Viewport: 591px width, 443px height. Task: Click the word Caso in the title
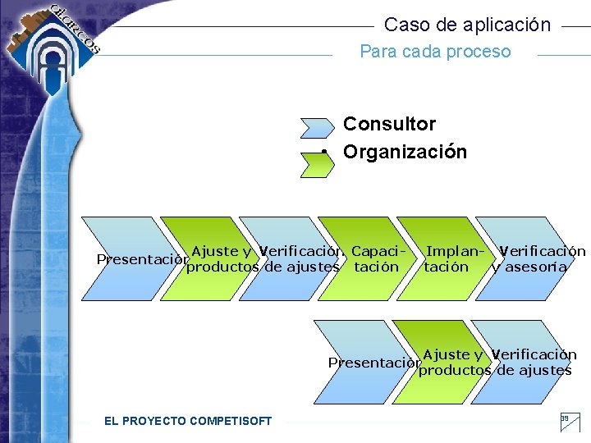tap(402, 25)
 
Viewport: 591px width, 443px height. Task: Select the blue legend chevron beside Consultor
tap(317, 127)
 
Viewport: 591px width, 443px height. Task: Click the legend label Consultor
tap(389, 124)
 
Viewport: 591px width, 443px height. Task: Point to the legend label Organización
tap(405, 152)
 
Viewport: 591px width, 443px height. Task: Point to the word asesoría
tap(537, 267)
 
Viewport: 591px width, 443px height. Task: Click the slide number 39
tap(564, 419)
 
